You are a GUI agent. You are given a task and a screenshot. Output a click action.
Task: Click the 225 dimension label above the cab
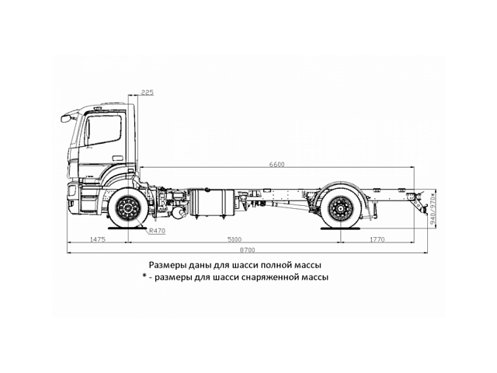(x=148, y=92)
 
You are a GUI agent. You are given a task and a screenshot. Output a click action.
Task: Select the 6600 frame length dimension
(x=277, y=164)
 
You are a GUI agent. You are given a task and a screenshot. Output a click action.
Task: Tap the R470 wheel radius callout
(x=157, y=231)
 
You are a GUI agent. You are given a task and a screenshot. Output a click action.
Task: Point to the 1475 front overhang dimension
(x=97, y=240)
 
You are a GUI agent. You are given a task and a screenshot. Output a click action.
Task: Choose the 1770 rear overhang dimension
(x=377, y=240)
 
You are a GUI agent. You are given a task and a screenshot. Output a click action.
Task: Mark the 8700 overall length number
(x=246, y=249)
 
